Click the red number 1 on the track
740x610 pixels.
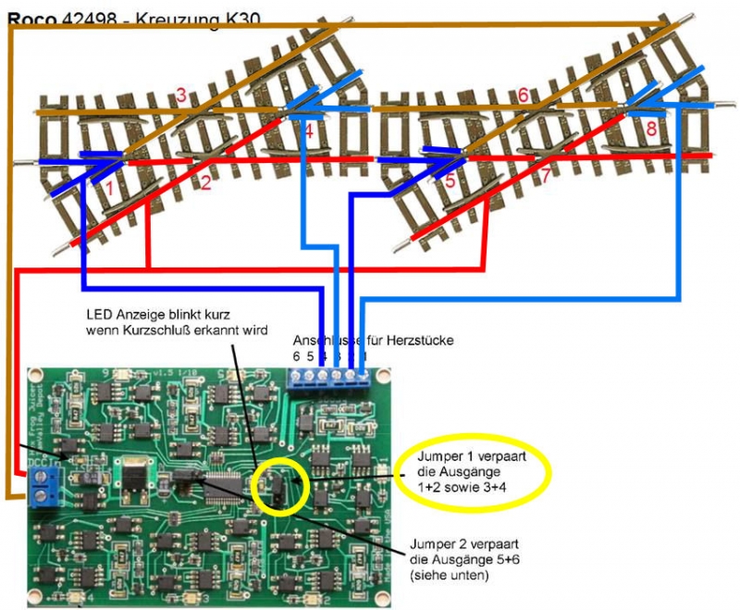[x=109, y=188]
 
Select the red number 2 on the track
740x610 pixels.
[x=205, y=183]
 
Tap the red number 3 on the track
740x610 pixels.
[x=181, y=93]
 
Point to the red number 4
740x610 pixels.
[x=308, y=133]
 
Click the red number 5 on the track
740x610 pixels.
[x=450, y=181]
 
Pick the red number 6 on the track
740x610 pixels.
[x=524, y=95]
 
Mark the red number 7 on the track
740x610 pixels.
[x=545, y=174]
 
